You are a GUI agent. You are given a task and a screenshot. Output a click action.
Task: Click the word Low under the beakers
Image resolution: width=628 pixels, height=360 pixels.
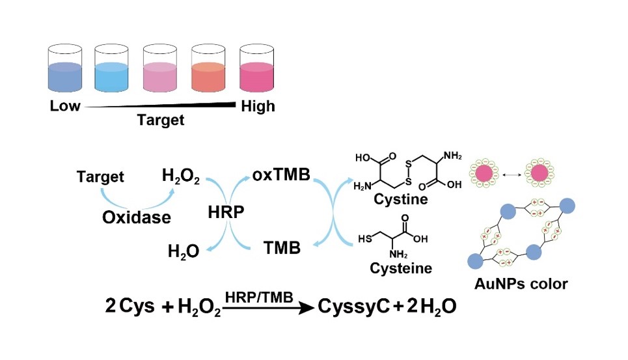[x=65, y=106]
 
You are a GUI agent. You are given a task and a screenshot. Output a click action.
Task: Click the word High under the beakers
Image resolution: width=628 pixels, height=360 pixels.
[x=258, y=106]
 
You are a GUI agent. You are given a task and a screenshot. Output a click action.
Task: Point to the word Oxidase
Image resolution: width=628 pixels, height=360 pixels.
[x=137, y=217]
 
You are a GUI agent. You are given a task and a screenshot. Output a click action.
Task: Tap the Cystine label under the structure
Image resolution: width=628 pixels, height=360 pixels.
[x=401, y=199]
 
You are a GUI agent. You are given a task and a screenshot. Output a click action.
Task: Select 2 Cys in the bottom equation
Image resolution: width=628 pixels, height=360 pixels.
[x=130, y=306]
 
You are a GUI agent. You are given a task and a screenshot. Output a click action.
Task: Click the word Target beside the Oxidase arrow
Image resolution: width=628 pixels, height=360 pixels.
[x=100, y=176]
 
